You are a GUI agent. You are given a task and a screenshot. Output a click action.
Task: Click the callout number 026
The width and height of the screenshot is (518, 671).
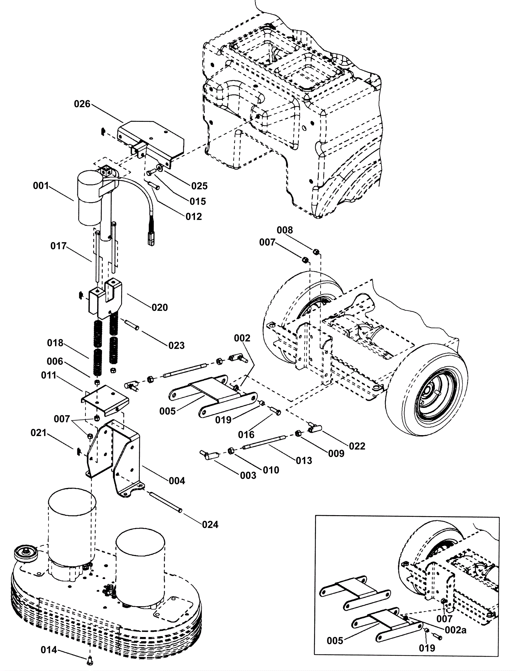click(82, 104)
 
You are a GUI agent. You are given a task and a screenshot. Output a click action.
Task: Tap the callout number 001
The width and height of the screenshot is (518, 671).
click(41, 186)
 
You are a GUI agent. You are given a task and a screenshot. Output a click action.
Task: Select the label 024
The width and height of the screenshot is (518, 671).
click(210, 524)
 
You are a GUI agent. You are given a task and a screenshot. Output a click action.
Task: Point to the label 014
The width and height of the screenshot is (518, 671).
click(49, 650)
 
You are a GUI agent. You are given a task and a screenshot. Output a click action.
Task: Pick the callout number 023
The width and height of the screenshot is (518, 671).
click(176, 345)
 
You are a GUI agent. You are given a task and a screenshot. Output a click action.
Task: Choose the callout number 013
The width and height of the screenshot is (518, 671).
click(304, 460)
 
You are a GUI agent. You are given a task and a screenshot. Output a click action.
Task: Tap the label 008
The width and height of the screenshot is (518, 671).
click(285, 230)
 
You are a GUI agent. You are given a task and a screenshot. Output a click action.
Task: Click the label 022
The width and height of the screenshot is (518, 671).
click(357, 446)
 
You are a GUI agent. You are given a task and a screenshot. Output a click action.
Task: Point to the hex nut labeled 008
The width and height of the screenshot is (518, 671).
click(316, 251)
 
